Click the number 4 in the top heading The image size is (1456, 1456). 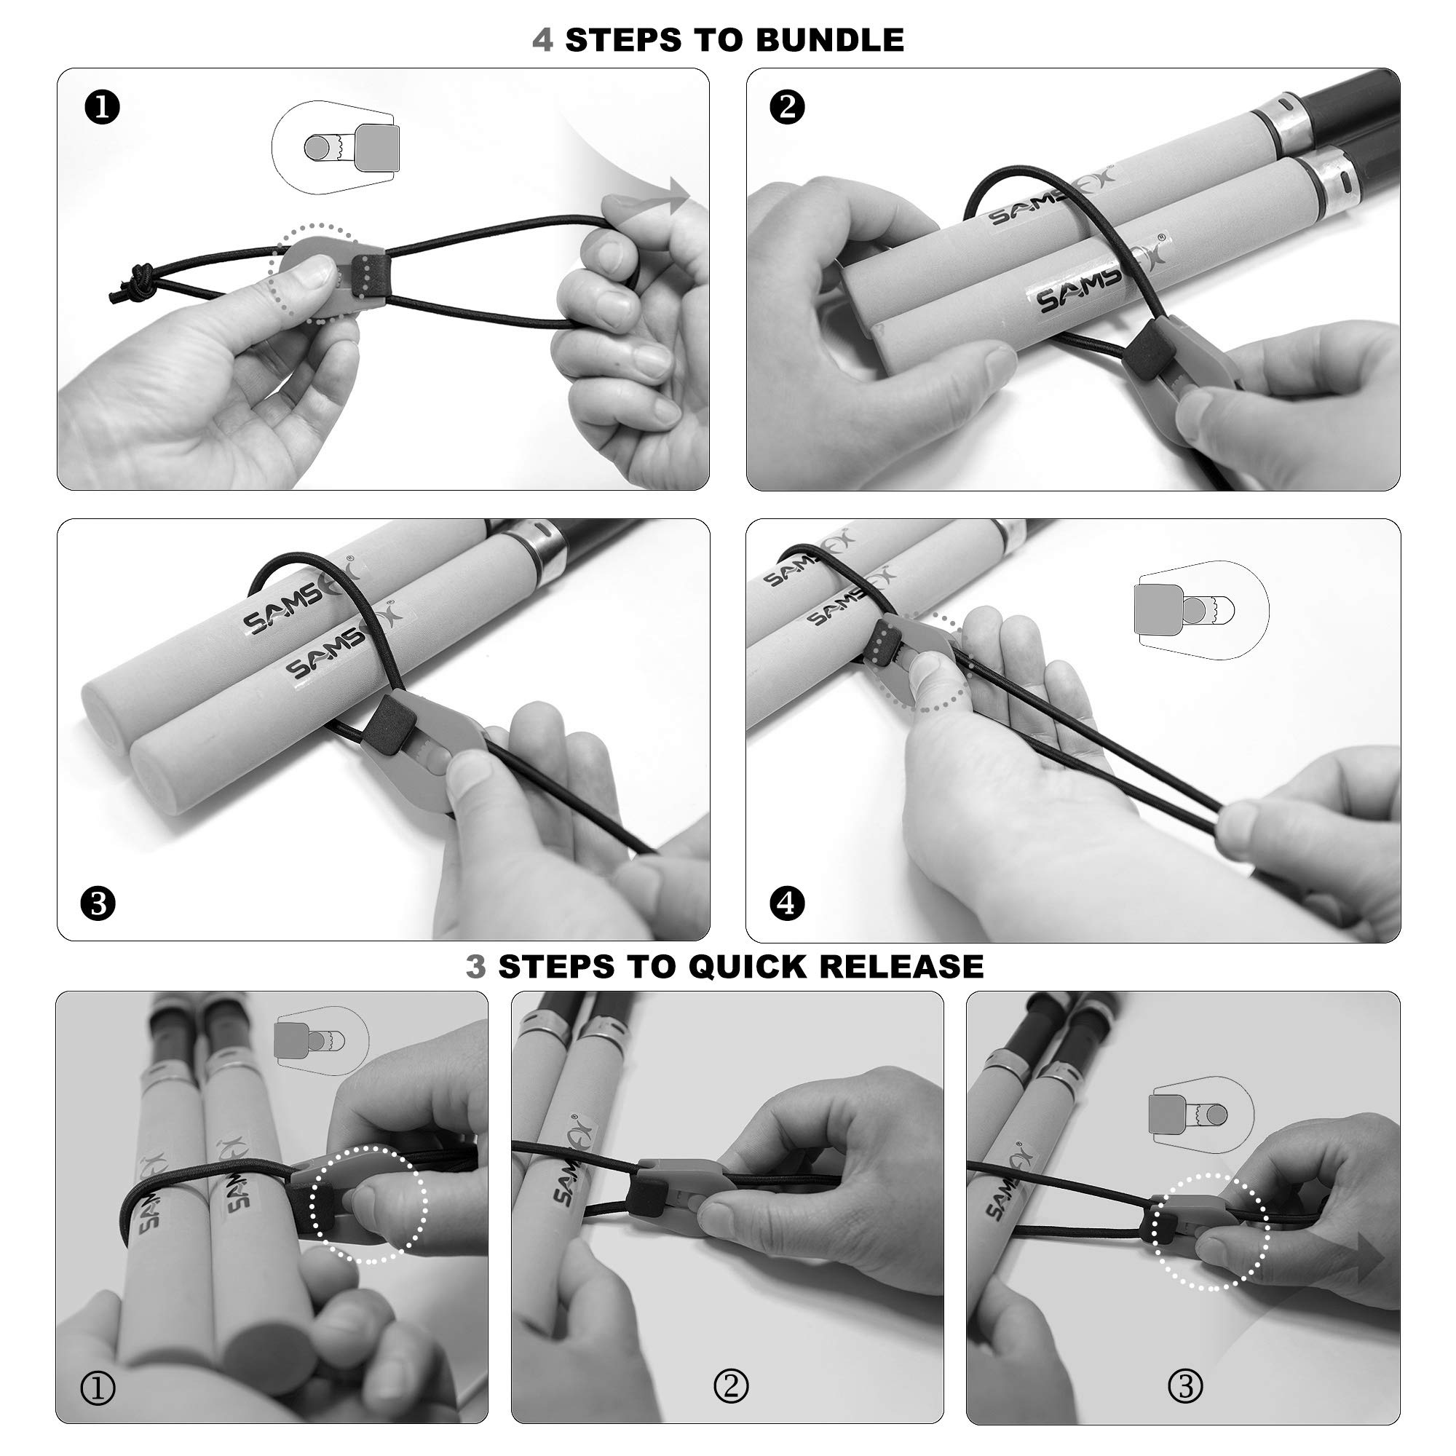pyautogui.click(x=542, y=40)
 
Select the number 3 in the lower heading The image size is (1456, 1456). pyautogui.click(x=476, y=966)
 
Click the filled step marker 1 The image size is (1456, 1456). pyautogui.click(x=103, y=108)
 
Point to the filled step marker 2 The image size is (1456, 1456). pyautogui.click(x=788, y=107)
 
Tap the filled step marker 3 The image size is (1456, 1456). pyautogui.click(x=99, y=903)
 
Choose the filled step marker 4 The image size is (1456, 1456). pyautogui.click(x=788, y=903)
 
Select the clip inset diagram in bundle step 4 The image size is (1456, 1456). pyautogui.click(x=1200, y=609)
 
